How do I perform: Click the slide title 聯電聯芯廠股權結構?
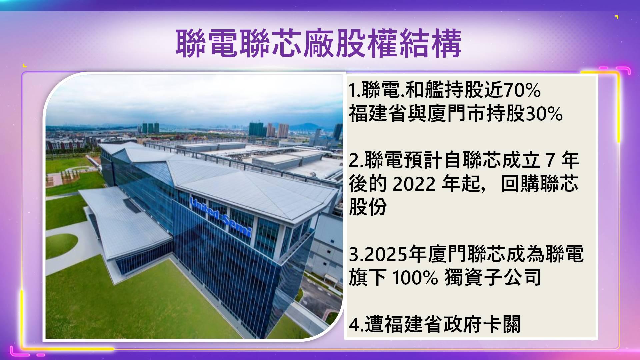tap(319, 43)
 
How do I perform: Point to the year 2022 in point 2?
tap(414, 184)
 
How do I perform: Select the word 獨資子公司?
tap(493, 277)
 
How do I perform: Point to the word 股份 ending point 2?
tap(368, 207)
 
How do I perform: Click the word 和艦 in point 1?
tap(424, 90)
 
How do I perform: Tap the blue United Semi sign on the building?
tap(220, 216)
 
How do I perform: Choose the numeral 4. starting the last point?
tap(356, 325)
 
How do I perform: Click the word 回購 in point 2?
tap(520, 184)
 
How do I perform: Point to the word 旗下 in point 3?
tap(368, 277)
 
